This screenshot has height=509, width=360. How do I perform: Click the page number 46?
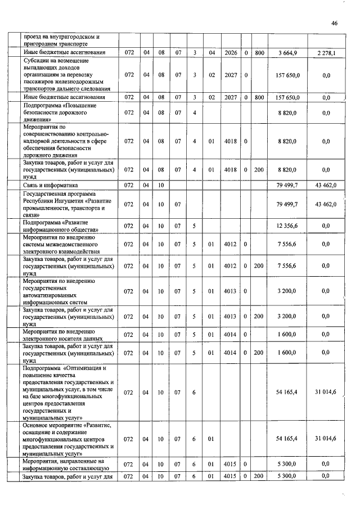(334, 24)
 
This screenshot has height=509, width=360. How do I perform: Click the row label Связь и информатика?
(51, 184)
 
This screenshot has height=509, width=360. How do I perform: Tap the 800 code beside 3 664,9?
(259, 53)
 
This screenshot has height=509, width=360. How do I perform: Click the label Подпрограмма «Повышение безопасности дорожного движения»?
(60, 112)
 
